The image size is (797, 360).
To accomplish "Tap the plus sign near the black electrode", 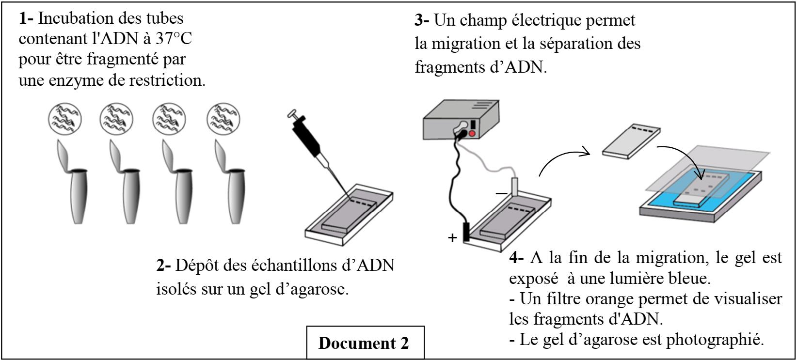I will click(x=452, y=238).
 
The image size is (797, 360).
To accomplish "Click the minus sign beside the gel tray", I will click(x=501, y=193).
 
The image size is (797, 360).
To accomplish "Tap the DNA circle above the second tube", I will click(x=117, y=119).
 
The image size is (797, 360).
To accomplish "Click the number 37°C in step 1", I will click(x=174, y=39).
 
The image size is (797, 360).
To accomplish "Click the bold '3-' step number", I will click(x=422, y=20).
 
